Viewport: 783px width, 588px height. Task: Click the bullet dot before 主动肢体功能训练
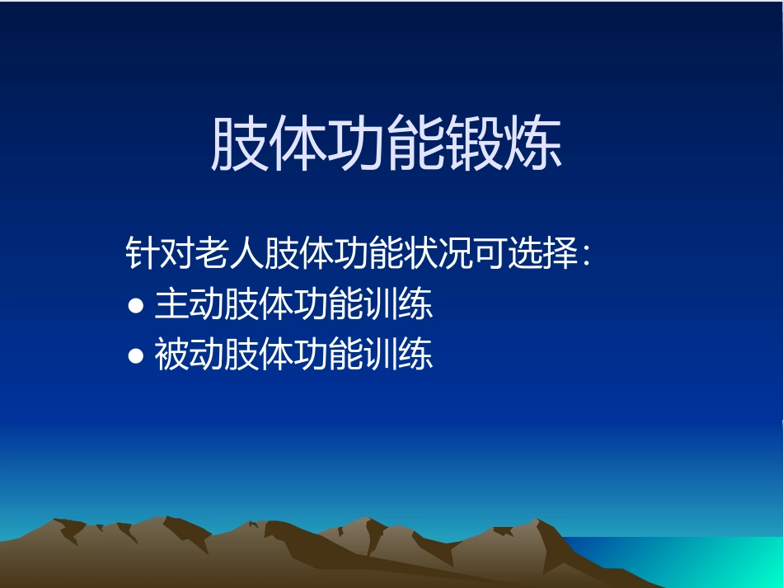tap(137, 307)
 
